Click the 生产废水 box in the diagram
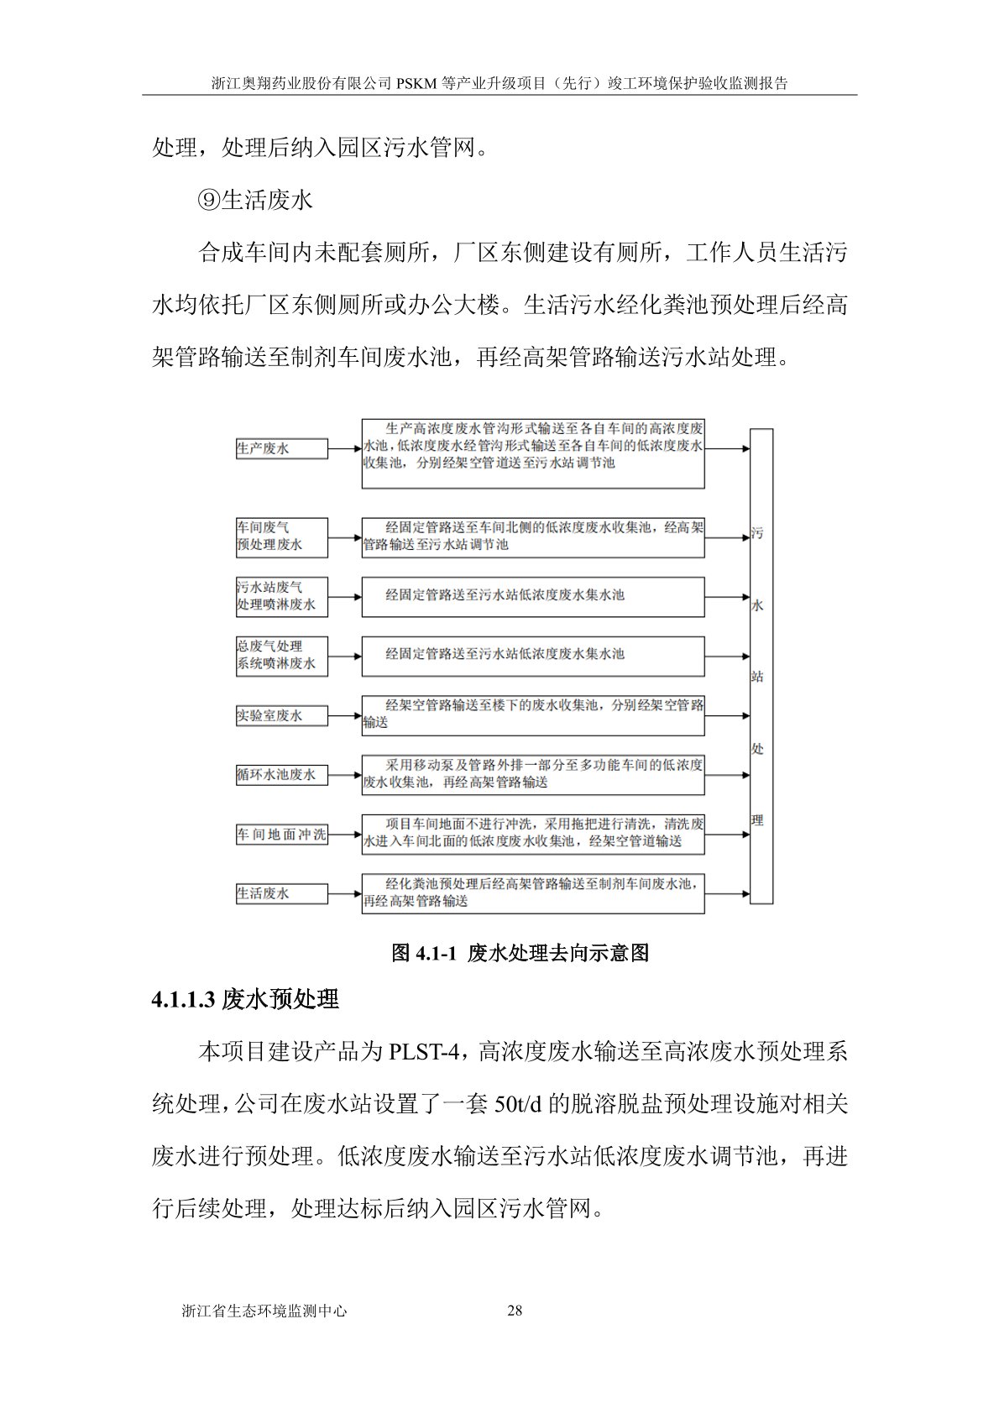coord(281,449)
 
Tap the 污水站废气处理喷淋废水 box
coord(281,596)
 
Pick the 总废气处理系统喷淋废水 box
coord(281,655)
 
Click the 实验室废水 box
coord(281,716)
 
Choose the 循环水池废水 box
coord(281,775)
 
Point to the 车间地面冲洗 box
coord(281,835)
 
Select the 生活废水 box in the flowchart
coord(281,893)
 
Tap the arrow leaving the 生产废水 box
coord(344,449)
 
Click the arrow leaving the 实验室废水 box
coord(344,716)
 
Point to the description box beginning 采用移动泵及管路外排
coord(533,774)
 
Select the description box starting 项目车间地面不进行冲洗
coord(533,834)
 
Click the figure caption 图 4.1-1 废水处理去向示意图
coord(520,953)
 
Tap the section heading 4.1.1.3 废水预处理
coord(245,999)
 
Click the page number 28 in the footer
coord(515,1311)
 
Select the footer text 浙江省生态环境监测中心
coord(264,1311)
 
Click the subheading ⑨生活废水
coord(255,200)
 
